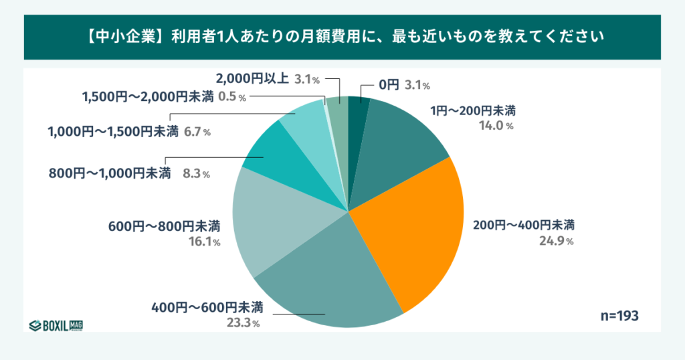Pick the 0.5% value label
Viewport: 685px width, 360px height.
point(233,97)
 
